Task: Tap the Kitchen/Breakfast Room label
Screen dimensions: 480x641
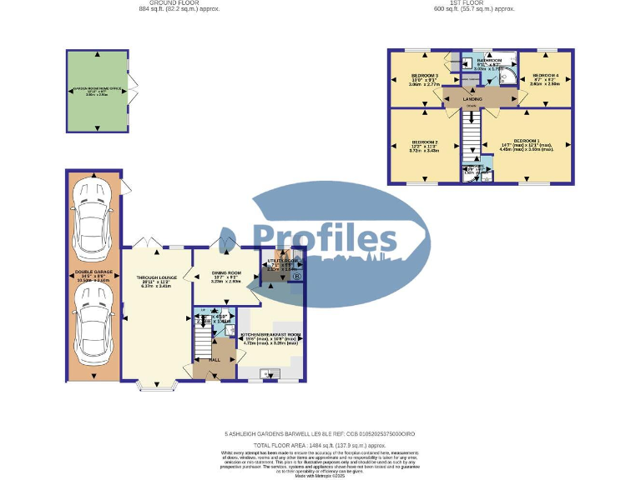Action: [x=270, y=335]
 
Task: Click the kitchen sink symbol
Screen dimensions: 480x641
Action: [x=268, y=374]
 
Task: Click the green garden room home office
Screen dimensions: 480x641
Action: [x=98, y=90]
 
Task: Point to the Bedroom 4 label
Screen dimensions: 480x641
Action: [x=544, y=76]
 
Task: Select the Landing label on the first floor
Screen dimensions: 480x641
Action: [x=472, y=98]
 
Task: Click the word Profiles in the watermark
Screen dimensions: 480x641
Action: [x=326, y=241]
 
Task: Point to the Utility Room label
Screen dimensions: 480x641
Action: [x=277, y=262]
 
